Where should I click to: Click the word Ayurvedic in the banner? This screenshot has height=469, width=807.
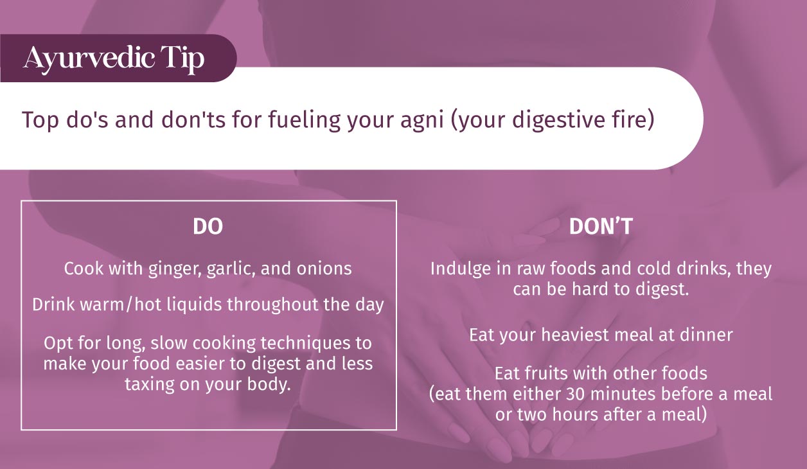[89, 58]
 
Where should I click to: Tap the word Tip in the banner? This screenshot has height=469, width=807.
[182, 59]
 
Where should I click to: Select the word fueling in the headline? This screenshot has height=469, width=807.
[304, 121]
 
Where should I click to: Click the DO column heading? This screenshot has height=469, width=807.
[208, 227]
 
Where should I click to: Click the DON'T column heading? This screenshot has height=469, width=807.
[601, 227]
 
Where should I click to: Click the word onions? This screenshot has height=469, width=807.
[324, 269]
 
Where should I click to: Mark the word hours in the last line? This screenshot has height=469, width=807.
[575, 414]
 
